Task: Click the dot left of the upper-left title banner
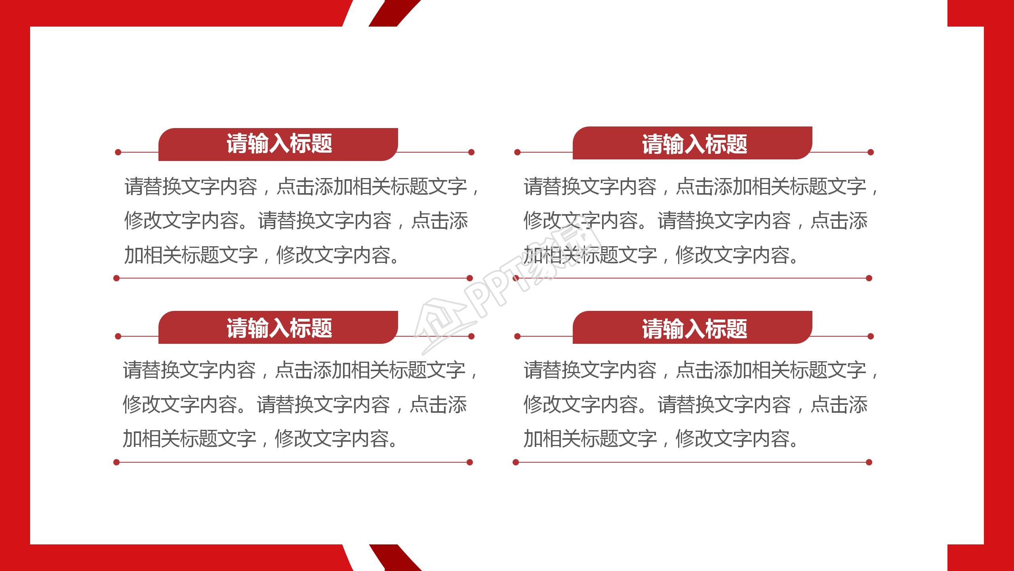[x=118, y=152]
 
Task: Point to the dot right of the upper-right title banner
[x=871, y=152]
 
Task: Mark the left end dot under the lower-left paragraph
[x=116, y=462]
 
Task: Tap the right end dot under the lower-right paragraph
[x=869, y=462]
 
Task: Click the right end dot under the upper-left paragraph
[x=470, y=278]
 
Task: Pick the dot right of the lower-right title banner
[x=871, y=337]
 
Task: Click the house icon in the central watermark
[x=440, y=325]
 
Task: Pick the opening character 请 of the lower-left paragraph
[x=132, y=370]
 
